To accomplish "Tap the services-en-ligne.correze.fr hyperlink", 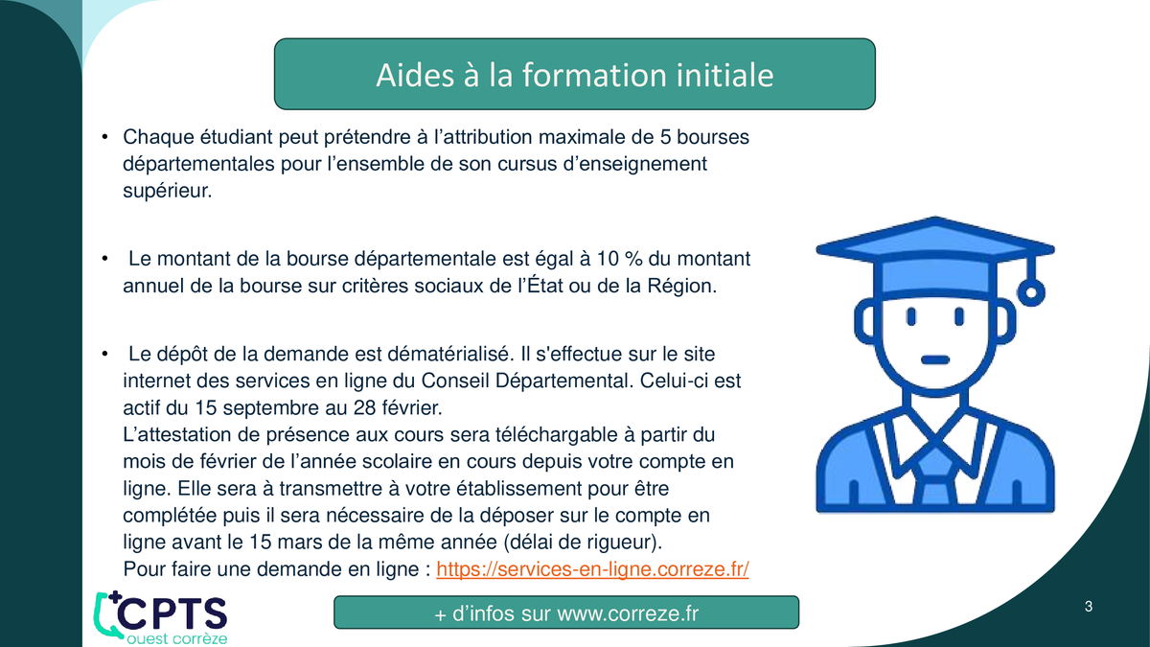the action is pyautogui.click(x=592, y=569).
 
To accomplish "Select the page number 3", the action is pyautogui.click(x=1089, y=607).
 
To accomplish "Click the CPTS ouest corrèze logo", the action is pyautogui.click(x=160, y=617).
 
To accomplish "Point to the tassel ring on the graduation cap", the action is pyautogui.click(x=1031, y=292).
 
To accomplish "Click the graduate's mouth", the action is pyautogui.click(x=935, y=360).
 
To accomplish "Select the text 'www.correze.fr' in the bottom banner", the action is pyautogui.click(x=628, y=613).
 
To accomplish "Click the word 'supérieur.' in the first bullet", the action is pyautogui.click(x=168, y=192).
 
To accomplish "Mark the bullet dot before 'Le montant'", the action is pyautogui.click(x=104, y=258).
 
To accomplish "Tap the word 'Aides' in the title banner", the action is pyautogui.click(x=415, y=75).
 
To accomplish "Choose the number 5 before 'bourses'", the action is pyautogui.click(x=665, y=138).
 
